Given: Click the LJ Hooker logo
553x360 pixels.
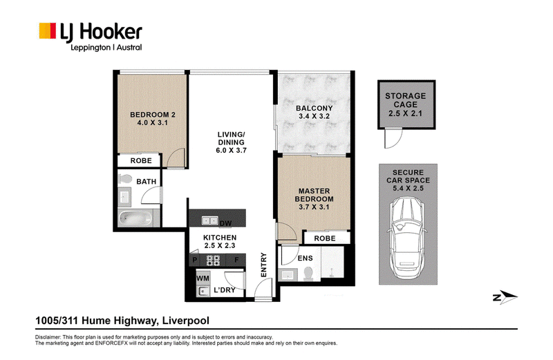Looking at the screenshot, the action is tap(91, 37).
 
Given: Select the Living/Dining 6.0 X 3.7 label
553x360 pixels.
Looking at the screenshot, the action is tap(231, 142).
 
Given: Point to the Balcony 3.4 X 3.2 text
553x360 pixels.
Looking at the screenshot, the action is tap(314, 112).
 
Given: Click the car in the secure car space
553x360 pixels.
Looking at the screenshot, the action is tap(408, 238).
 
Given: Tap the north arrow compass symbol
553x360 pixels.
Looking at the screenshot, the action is tap(505, 297).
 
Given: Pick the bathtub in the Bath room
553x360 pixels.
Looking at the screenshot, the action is tap(135, 218).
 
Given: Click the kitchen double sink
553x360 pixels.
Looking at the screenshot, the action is tap(210, 220).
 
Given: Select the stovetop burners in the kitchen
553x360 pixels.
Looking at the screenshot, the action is tap(213, 260).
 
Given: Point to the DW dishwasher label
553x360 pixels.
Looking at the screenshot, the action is tap(226, 224).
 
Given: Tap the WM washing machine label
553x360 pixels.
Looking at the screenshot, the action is tap(203, 278).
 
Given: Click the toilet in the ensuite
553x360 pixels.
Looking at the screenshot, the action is tap(308, 273).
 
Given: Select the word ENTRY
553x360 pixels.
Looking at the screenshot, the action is tap(263, 265).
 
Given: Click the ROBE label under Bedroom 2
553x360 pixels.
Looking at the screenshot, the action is tap(141, 161).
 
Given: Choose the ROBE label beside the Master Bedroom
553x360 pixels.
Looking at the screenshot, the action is tap(325, 238).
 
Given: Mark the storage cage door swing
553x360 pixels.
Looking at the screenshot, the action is tap(393, 138).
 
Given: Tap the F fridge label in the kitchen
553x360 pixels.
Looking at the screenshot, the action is tap(236, 260).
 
